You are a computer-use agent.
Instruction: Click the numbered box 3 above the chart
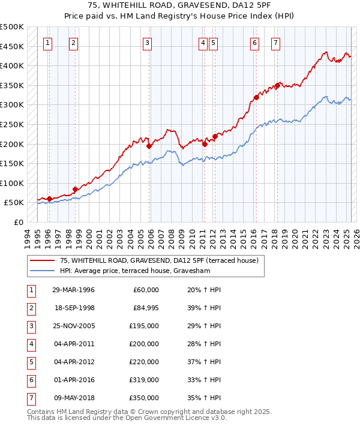pyautogui.click(x=147, y=43)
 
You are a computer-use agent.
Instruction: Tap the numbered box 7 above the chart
pyautogui.click(x=275, y=43)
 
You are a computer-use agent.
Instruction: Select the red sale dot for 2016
pyautogui.click(x=256, y=97)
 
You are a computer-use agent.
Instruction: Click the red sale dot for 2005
pyautogui.click(x=149, y=145)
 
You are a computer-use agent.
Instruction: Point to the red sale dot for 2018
pyautogui.click(x=278, y=85)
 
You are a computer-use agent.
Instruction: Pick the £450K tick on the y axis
pyautogui.click(x=12, y=46)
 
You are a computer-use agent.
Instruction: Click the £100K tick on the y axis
pyautogui.click(x=12, y=184)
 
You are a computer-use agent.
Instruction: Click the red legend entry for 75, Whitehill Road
pyautogui.click(x=158, y=260)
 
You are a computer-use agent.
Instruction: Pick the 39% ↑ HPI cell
pyautogui.click(x=200, y=308)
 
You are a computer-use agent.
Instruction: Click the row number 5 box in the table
pyautogui.click(x=30, y=362)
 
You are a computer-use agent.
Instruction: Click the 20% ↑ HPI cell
pyautogui.click(x=200, y=290)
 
